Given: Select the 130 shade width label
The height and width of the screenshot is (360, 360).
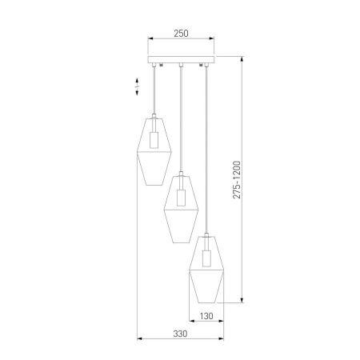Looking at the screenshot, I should (x=207, y=317).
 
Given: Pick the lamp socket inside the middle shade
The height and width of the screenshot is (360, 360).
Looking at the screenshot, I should (x=182, y=198).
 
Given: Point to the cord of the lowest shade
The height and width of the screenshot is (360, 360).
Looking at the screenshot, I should (x=208, y=152).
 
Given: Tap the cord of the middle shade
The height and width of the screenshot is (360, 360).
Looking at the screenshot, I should (x=182, y=120).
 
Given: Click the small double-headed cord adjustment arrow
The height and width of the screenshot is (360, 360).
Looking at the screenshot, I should (x=138, y=88).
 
